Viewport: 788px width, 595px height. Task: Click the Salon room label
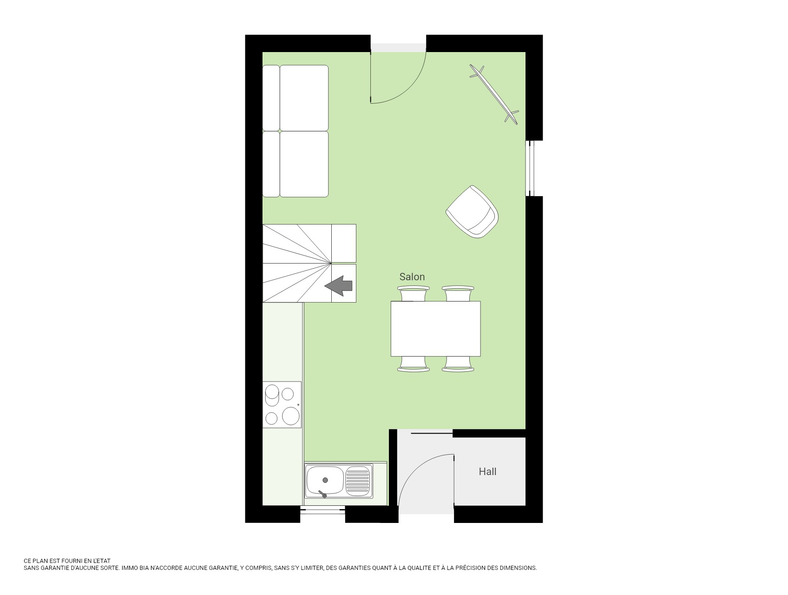click(x=412, y=277)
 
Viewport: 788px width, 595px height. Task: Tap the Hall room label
click(x=487, y=472)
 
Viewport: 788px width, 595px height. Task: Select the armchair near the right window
click(x=472, y=212)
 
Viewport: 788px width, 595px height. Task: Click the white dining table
click(x=435, y=329)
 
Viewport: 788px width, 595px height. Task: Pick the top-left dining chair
click(x=414, y=294)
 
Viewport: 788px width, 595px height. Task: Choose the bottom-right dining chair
click(x=458, y=364)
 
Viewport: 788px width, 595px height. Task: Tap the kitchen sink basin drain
click(x=325, y=480)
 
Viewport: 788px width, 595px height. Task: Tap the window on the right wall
click(x=530, y=168)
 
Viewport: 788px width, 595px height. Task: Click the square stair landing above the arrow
click(x=344, y=244)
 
